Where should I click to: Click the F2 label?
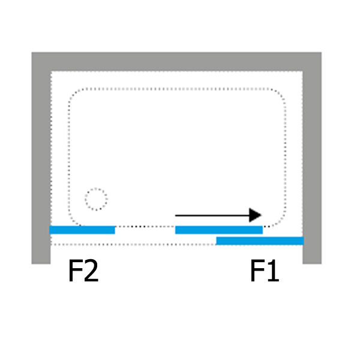click(x=83, y=270)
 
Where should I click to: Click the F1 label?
click(x=265, y=270)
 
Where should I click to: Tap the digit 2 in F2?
click(x=91, y=270)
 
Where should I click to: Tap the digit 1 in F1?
click(x=273, y=270)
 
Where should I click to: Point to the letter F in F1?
click(x=257, y=270)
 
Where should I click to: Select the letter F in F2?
click(x=75, y=270)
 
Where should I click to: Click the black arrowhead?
click(x=255, y=215)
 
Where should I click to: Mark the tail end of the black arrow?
click(x=175, y=215)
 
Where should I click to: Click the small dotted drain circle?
click(x=96, y=199)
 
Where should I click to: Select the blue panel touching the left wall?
click(x=82, y=230)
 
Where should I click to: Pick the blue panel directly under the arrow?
click(x=219, y=230)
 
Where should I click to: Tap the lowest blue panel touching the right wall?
click(x=260, y=241)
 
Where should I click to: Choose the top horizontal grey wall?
click(x=176, y=62)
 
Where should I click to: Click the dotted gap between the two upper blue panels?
click(x=145, y=227)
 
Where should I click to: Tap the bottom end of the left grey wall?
click(x=41, y=263)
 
